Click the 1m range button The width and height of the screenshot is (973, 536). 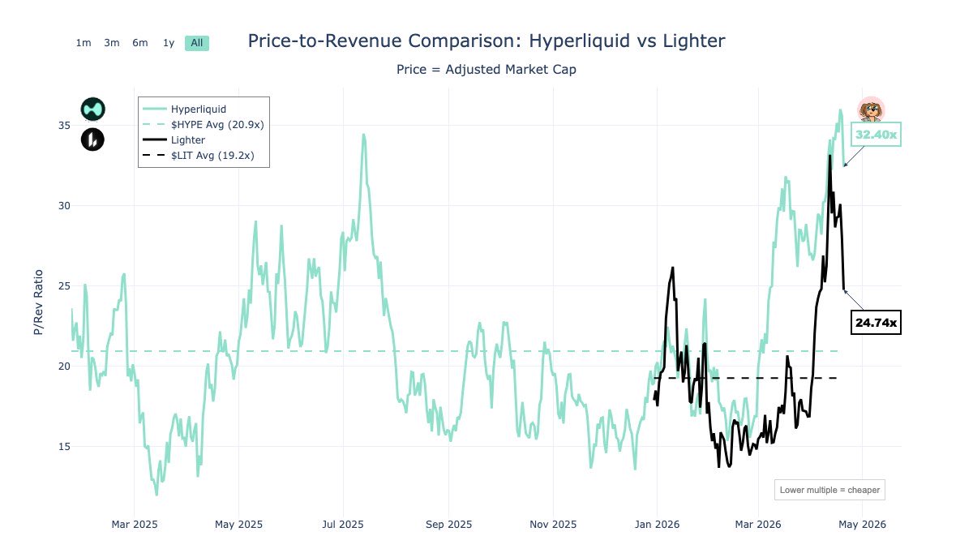(x=83, y=43)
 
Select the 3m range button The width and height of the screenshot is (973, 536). (x=112, y=43)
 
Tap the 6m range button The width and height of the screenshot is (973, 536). (x=140, y=43)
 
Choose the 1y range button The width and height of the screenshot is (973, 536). (x=169, y=43)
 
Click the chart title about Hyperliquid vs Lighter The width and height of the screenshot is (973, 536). (x=486, y=41)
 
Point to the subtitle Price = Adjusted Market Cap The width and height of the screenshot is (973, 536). (x=486, y=70)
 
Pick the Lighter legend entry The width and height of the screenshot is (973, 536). (x=187, y=140)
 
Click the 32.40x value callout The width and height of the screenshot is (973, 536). (x=876, y=135)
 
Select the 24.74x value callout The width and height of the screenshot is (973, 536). (x=876, y=323)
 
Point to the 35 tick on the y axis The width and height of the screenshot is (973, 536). (x=64, y=126)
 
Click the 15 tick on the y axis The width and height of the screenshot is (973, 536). (x=64, y=447)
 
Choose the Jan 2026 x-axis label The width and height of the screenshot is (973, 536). (x=655, y=524)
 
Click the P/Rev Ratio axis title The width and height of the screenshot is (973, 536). (x=38, y=302)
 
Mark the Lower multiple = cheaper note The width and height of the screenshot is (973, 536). (x=828, y=490)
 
